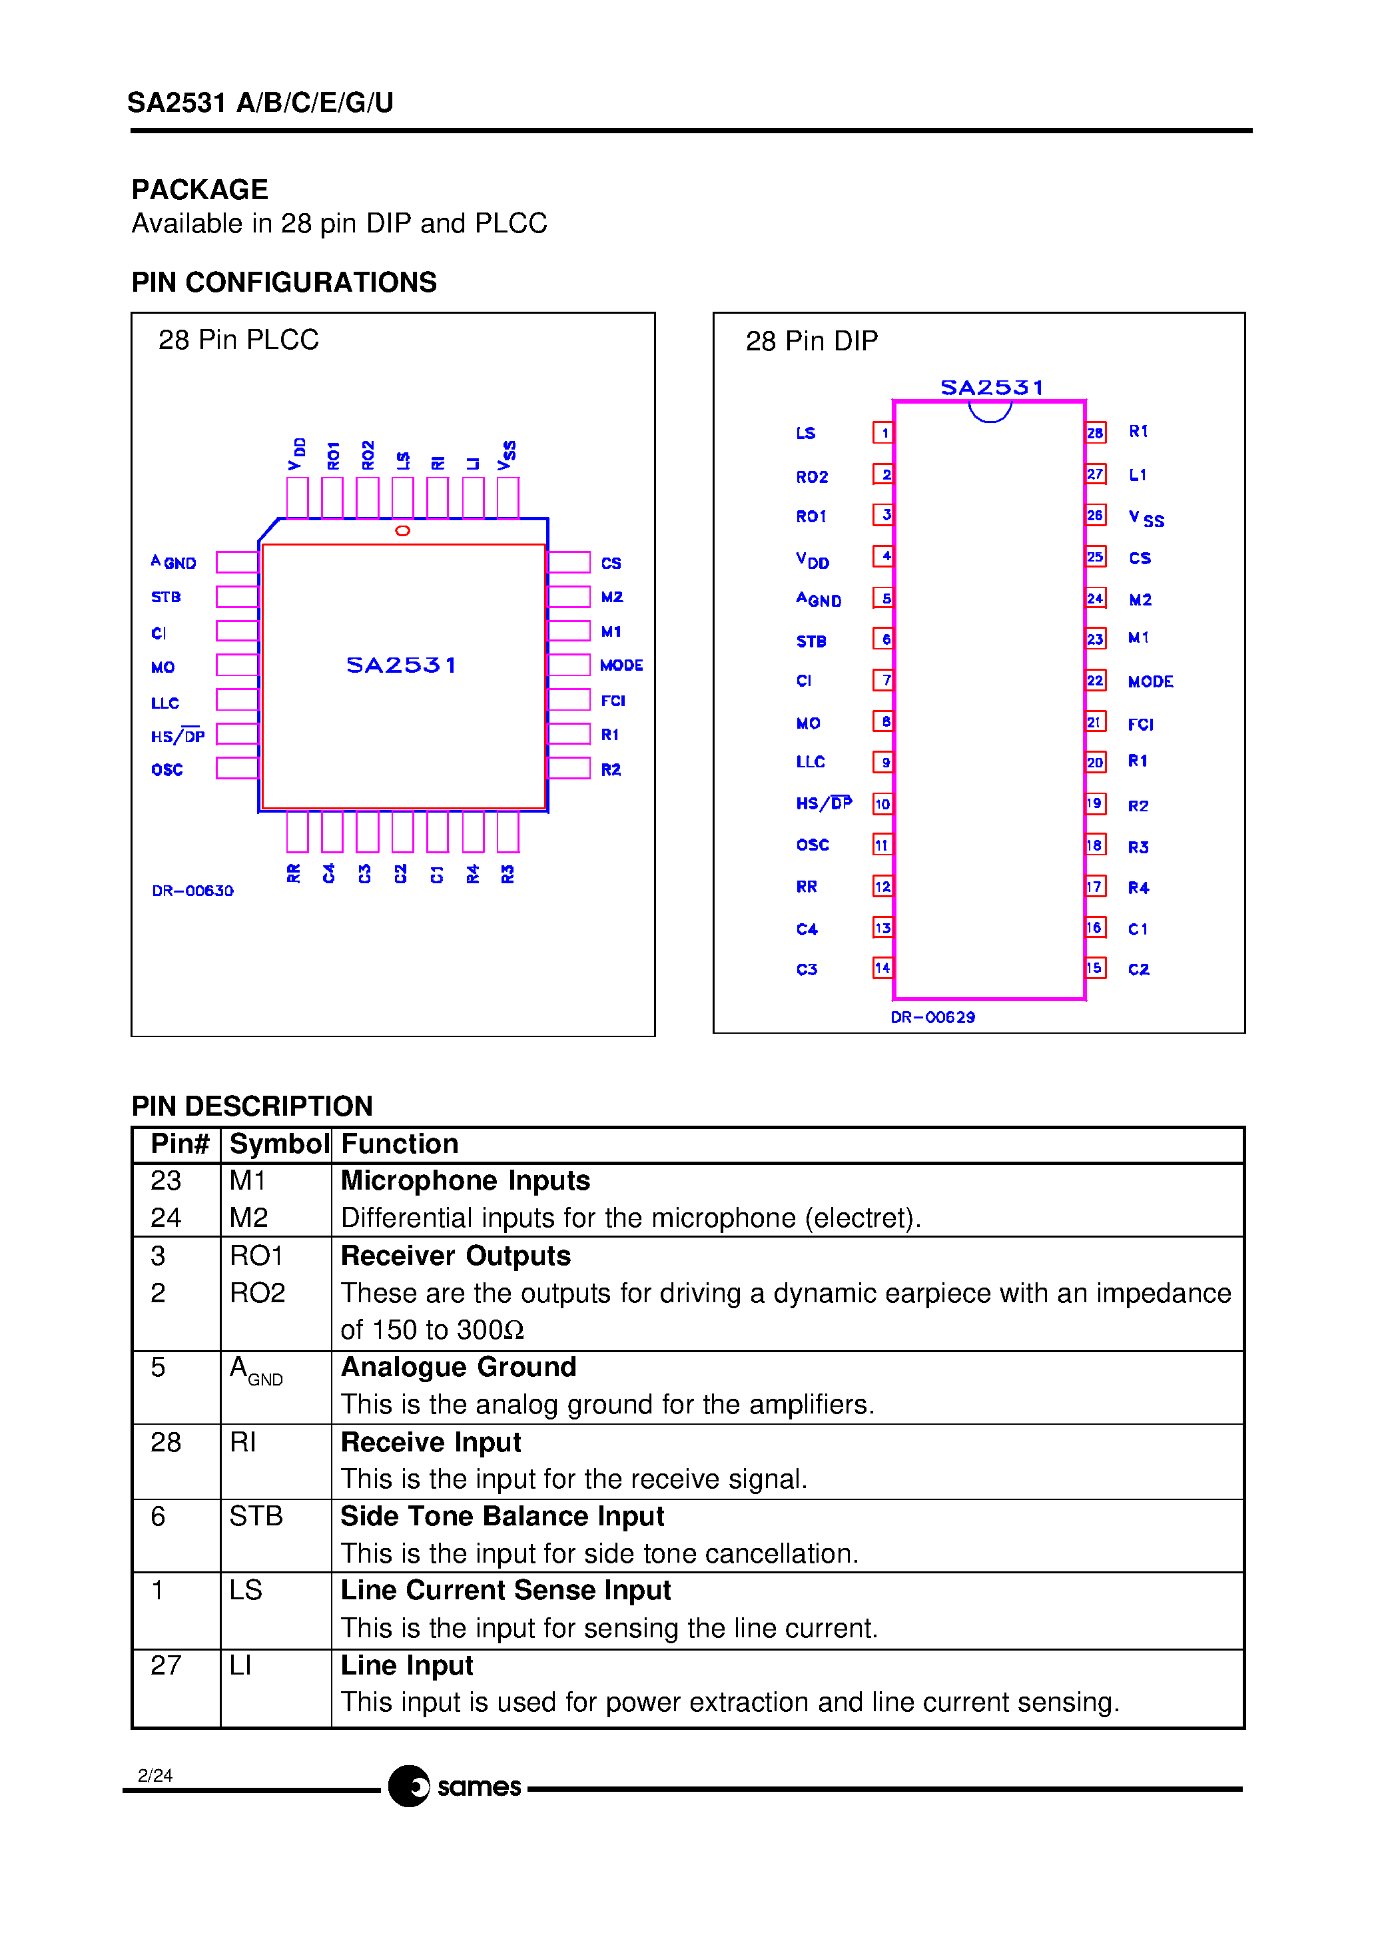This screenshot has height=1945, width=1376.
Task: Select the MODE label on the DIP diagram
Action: [x=1150, y=682]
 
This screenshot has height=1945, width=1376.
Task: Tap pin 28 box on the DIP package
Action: [x=1095, y=433]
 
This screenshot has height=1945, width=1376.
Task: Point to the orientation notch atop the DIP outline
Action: [x=990, y=412]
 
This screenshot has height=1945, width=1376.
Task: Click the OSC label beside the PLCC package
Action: [x=167, y=769]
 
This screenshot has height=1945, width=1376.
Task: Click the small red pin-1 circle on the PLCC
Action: [x=402, y=530]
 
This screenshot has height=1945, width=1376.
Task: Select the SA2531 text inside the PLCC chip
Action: [x=401, y=665]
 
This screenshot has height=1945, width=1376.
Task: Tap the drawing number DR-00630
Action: [x=192, y=891]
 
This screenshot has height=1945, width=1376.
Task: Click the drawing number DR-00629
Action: [x=932, y=1016]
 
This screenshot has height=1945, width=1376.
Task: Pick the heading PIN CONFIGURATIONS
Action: [x=284, y=282]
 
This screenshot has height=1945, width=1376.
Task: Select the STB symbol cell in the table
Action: [x=256, y=1515]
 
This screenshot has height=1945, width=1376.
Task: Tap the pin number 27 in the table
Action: [x=166, y=1665]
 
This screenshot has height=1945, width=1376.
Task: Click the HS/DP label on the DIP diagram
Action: [x=824, y=803]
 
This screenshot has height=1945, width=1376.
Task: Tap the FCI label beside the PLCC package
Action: [x=613, y=701]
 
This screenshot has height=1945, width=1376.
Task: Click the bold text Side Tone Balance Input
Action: [x=502, y=1515]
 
